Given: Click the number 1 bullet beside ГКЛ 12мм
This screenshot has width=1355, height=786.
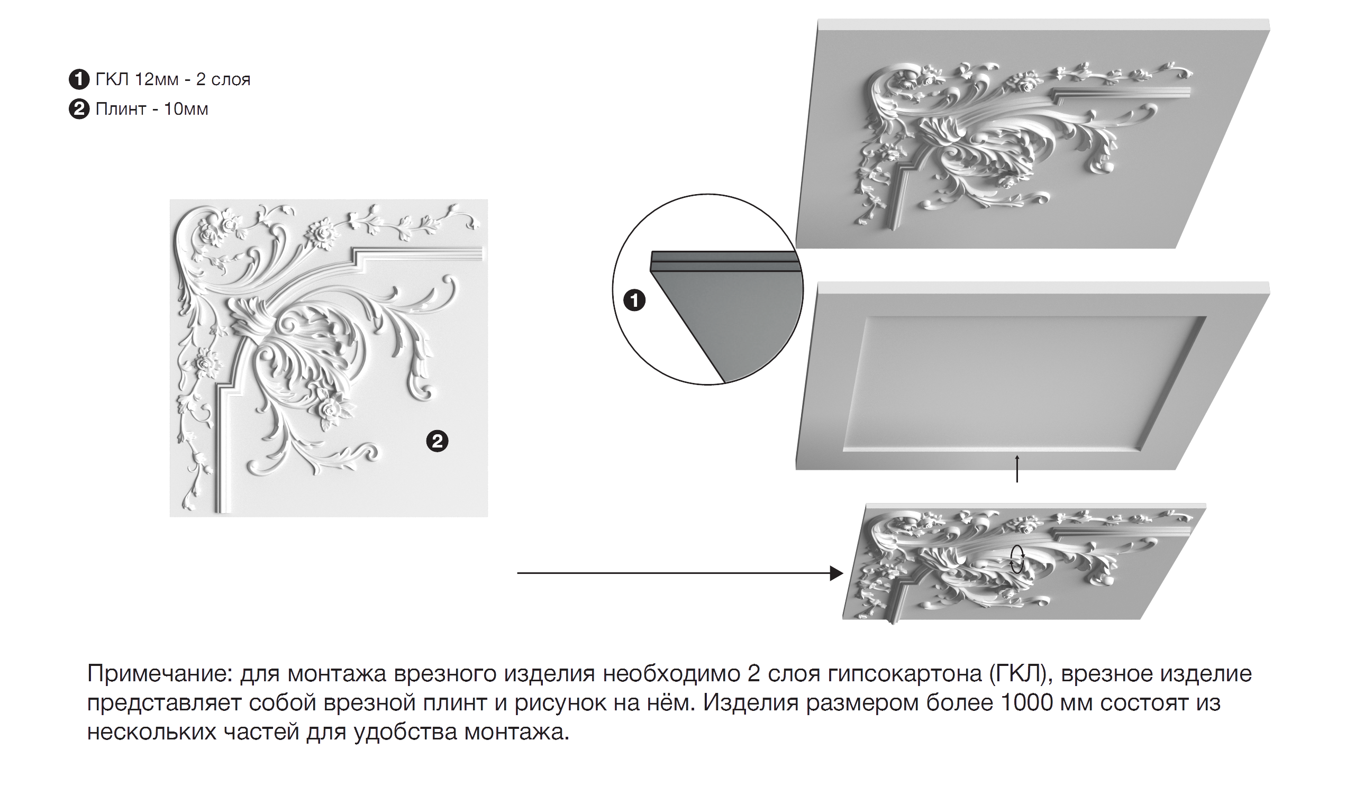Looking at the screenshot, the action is coord(79,79).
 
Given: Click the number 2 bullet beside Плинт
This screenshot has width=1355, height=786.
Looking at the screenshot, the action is coord(79,109).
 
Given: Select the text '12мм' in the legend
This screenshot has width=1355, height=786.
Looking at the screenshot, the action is coord(157,79).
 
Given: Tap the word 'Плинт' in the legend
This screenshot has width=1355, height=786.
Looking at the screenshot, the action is coord(121,109).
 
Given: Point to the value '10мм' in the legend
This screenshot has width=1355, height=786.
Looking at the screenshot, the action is coord(186,109).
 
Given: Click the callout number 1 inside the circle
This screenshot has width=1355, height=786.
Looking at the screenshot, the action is coord(634,300).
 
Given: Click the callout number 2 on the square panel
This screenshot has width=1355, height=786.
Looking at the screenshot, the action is coord(437,441).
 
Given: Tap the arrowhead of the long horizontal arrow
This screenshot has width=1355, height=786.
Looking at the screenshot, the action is coord(836,573).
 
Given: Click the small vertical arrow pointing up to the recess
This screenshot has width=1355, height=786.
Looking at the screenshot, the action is coord(1017,469).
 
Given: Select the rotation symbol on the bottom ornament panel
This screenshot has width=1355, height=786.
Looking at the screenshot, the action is coord(1017,560).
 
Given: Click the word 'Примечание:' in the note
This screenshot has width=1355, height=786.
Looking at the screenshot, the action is coord(159,674).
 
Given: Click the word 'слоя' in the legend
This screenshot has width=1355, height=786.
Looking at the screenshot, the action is coord(231,79).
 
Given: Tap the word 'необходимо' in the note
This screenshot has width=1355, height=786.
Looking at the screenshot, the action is coord(671,674).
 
